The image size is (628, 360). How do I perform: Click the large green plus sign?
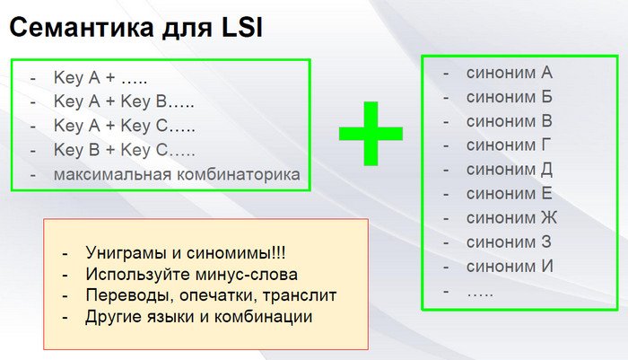[x=371, y=134]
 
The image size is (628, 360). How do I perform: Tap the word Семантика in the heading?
[x=82, y=28]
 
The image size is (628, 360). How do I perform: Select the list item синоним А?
[x=509, y=73]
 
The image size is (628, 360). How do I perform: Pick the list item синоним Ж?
[x=511, y=218]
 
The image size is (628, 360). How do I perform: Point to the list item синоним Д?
[x=510, y=170]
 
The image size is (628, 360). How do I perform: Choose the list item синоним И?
[x=510, y=267]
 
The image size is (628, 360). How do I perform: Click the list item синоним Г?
[x=509, y=145]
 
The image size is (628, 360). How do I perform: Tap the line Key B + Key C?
[x=124, y=150]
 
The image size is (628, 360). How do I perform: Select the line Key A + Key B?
[x=124, y=101]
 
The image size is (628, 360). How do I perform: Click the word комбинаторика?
[x=239, y=174]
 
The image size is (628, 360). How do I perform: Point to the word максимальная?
[x=112, y=174]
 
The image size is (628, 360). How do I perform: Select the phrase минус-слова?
[x=247, y=275]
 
